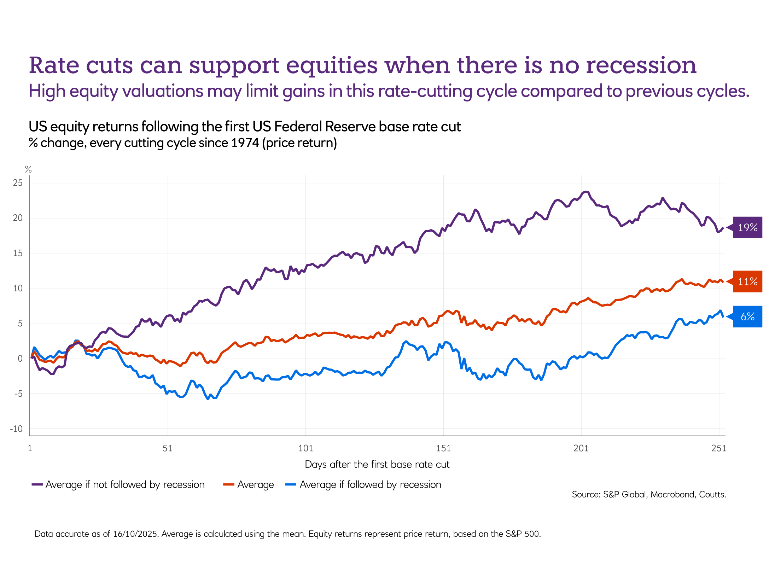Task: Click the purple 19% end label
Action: tap(747, 227)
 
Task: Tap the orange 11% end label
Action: tap(747, 281)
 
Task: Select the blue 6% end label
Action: tap(747, 316)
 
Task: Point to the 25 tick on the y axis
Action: tap(18, 183)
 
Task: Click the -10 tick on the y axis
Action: tap(16, 429)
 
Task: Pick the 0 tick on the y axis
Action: tap(20, 359)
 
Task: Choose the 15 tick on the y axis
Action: tap(18, 253)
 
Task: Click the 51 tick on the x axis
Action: tap(167, 448)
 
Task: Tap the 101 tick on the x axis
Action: tap(305, 448)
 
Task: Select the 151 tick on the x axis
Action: tap(443, 448)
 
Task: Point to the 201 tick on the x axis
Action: tap(581, 448)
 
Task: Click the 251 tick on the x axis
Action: tap(718, 448)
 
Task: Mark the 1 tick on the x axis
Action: tap(30, 448)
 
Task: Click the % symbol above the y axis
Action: tap(28, 169)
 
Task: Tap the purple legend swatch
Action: tap(37, 484)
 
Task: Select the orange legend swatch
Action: tap(229, 484)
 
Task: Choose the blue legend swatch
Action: tap(291, 484)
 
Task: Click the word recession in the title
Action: tap(641, 65)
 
